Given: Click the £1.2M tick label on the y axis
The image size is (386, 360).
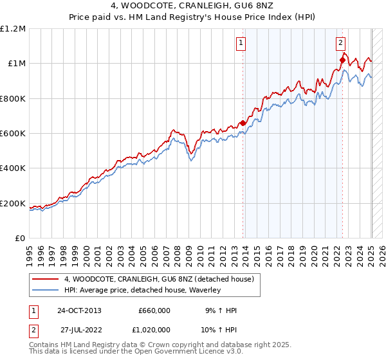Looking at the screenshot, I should pos(13,29).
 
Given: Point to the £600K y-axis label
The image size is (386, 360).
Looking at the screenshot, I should pos(13,134).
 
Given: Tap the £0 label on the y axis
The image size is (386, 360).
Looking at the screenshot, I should pos(20,239).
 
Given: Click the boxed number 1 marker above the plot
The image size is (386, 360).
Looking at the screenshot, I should pos(241,44).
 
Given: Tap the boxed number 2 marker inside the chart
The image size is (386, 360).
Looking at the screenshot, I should pos(340,44).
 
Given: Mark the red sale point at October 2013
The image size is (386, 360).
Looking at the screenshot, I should pos(243,123).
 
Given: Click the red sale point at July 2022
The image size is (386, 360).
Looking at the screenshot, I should pos(342,60).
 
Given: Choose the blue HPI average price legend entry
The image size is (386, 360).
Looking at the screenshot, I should pos(142,291).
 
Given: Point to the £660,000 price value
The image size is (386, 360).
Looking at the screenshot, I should pos(154,310).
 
